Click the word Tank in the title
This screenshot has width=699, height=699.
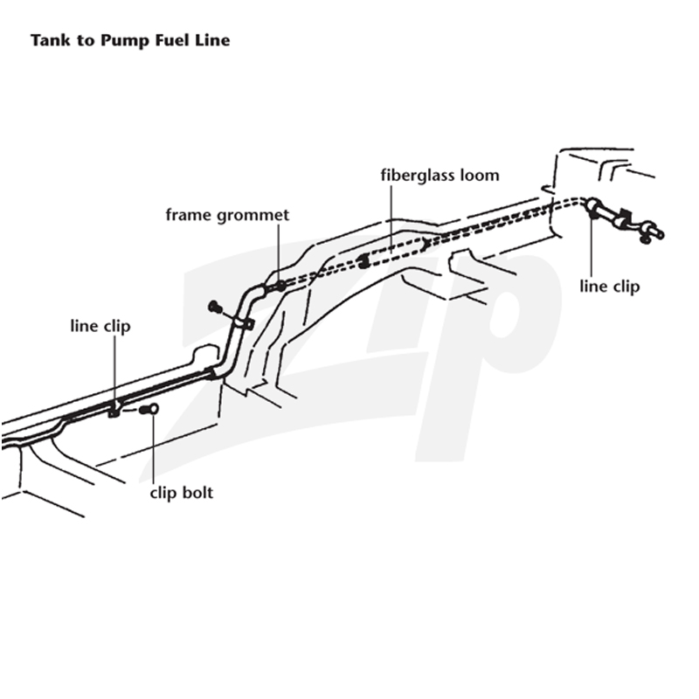(x=51, y=40)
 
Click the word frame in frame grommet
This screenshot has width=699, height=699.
(x=189, y=215)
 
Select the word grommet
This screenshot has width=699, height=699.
(x=253, y=216)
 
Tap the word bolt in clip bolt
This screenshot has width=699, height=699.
(x=197, y=493)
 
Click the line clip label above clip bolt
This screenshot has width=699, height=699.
(x=100, y=326)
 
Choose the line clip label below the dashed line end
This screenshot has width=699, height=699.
(x=609, y=287)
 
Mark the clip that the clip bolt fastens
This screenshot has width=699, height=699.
(x=114, y=410)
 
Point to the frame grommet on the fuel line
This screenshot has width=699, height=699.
(x=280, y=286)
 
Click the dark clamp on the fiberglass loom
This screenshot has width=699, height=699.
(x=364, y=261)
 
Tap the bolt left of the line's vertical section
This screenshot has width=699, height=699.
(x=215, y=307)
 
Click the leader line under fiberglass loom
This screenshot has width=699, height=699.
(x=391, y=219)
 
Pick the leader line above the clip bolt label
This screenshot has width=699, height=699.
(x=153, y=448)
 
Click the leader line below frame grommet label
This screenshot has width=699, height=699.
(x=279, y=253)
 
